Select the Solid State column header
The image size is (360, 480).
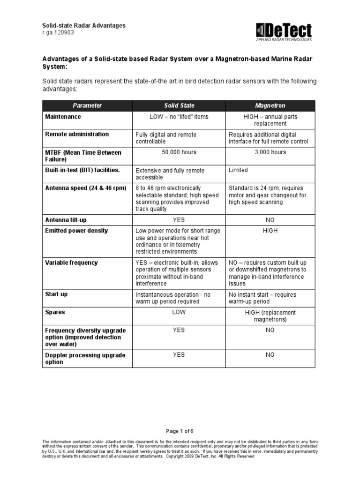click(179, 106)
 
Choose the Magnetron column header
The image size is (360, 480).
click(270, 106)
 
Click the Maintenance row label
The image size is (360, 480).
click(63, 117)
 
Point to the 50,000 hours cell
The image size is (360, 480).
click(179, 152)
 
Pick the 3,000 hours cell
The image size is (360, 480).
click(270, 152)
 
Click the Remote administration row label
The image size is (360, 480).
click(77, 135)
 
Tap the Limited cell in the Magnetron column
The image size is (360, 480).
click(238, 170)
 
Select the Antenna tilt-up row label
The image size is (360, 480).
click(66, 220)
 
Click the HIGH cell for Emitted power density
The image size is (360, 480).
click(270, 231)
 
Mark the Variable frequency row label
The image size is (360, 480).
click(71, 262)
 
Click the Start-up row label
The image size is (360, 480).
click(57, 294)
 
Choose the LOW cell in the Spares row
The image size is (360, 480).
click(179, 312)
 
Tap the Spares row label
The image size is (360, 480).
click(55, 312)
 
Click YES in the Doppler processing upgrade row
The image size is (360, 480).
click(179, 355)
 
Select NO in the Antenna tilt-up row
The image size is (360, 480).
click(270, 220)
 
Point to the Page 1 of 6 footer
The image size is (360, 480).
click(180, 431)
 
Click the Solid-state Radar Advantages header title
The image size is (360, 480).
click(84, 26)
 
